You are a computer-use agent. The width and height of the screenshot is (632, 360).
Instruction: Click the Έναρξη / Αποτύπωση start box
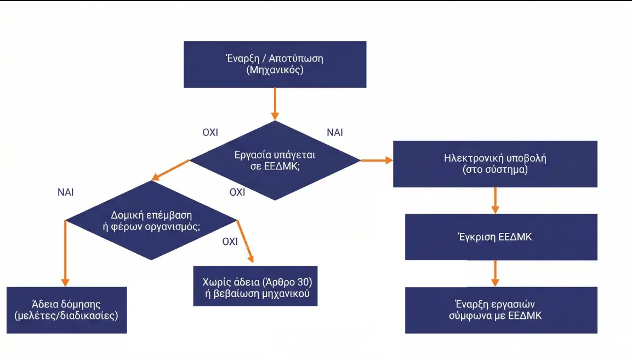point(275,64)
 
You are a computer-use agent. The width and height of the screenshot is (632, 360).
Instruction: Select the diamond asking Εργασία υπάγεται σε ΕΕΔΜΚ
point(275,161)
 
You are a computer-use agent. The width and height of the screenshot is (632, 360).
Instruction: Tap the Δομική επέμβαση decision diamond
point(151,220)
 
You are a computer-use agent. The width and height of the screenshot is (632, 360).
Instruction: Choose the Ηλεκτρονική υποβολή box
point(495,164)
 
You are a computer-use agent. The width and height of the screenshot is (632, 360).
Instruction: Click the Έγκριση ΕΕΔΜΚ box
point(501,237)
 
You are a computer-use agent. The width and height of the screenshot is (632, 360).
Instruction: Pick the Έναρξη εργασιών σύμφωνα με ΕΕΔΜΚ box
point(501,310)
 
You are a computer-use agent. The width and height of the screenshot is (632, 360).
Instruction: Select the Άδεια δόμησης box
point(66,310)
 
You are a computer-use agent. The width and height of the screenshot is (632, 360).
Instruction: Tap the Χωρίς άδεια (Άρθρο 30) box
point(255,286)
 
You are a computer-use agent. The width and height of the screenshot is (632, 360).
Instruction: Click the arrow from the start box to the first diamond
point(275,104)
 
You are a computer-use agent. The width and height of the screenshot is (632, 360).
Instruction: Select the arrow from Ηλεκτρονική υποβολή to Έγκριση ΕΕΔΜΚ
point(495,200)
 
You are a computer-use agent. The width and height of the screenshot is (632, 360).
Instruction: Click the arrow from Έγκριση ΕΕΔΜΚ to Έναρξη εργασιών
point(495,273)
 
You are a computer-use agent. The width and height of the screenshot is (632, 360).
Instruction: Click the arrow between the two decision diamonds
point(170,170)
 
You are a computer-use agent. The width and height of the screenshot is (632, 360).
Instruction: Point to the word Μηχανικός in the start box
point(275,70)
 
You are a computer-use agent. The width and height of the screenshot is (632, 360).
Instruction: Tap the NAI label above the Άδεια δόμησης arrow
point(65,192)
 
